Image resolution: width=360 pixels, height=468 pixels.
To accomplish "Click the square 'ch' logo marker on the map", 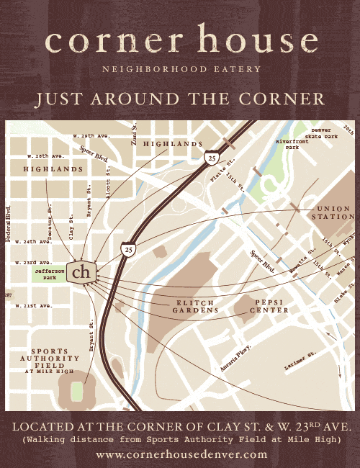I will tap(82, 271).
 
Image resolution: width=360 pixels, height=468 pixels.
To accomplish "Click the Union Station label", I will tap(333, 212).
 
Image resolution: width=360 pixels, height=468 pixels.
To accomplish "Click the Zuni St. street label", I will tap(134, 134).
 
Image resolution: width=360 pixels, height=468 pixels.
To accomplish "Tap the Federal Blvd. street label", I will tap(9, 223).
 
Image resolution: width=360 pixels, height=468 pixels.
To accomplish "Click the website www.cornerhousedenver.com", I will tap(181, 454).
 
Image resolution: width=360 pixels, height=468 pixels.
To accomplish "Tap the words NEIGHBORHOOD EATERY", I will tap(181, 69).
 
